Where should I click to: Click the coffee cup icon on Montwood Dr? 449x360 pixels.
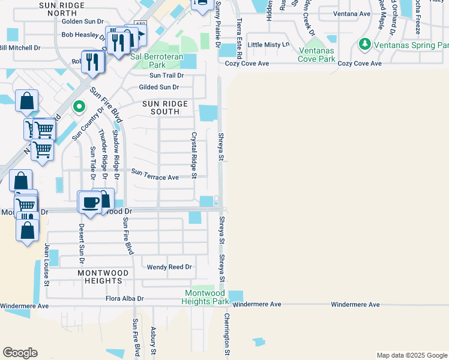tap(91, 202)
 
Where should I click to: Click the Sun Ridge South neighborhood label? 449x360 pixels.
tap(165, 107)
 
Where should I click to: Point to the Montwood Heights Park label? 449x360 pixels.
tap(206, 297)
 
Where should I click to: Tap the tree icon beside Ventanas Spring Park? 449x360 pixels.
tap(364, 44)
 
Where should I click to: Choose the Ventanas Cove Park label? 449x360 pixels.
tap(316, 55)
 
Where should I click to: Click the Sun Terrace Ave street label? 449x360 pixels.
tap(155, 177)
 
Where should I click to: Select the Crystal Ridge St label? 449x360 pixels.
tap(194, 155)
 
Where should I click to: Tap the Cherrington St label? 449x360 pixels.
tap(227, 334)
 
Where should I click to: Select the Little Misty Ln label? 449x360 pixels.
tap(268, 44)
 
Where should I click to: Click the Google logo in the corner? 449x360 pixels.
tap(20, 353)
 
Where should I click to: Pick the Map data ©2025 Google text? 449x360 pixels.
tap(411, 355)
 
